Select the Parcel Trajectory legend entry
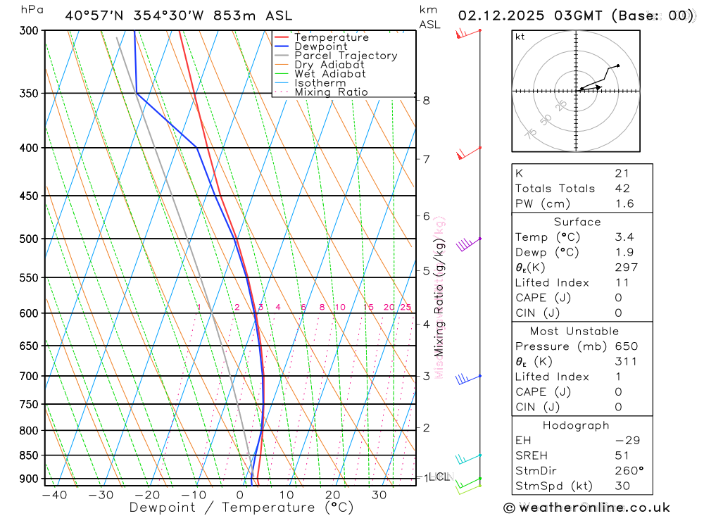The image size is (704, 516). point(346,56)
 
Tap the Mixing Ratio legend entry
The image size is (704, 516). point(331,92)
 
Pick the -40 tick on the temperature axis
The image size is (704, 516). point(54,495)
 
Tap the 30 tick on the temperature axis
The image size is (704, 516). point(379,495)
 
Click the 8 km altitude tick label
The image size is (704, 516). point(427,101)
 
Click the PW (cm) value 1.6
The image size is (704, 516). point(624,204)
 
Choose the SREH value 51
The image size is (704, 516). point(622,455)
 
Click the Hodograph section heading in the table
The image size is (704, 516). point(577,425)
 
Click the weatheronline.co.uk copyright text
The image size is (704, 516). point(587,508)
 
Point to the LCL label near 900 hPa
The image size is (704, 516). point(439,477)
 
